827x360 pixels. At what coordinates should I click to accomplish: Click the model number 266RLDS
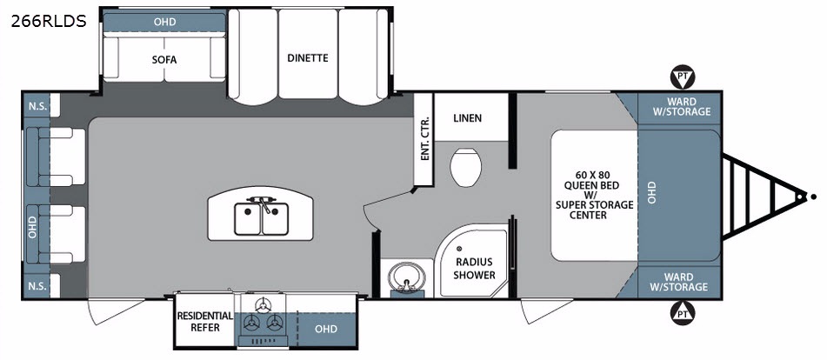click(49, 21)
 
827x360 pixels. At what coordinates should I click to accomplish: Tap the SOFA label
click(164, 59)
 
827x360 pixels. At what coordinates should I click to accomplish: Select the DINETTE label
click(308, 57)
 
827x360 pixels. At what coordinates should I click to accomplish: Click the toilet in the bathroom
click(466, 167)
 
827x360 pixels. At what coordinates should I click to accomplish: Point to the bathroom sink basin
click(405, 275)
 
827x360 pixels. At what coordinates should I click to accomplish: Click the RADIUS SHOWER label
click(475, 269)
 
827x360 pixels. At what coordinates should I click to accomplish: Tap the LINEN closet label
click(467, 117)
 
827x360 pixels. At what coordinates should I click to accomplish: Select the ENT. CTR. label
click(425, 137)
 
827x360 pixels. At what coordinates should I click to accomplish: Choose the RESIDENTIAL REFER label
click(205, 322)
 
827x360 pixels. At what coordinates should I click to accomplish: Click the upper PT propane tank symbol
click(683, 77)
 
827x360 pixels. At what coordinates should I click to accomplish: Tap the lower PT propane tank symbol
click(683, 312)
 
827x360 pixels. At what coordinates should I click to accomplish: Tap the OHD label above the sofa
click(164, 22)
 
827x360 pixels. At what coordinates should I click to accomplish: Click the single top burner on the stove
click(262, 304)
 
